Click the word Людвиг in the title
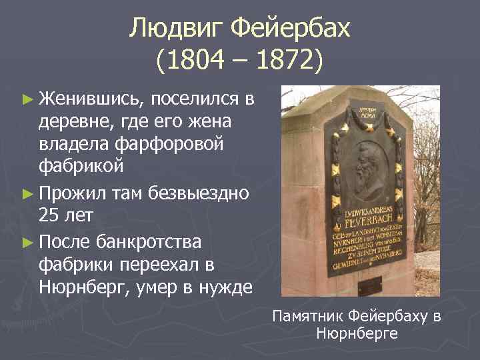(x=175, y=28)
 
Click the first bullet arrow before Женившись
(x=27, y=100)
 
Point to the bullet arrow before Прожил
(x=27, y=195)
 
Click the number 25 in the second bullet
(x=50, y=217)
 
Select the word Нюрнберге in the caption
(x=357, y=333)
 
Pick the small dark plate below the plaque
(x=371, y=286)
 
